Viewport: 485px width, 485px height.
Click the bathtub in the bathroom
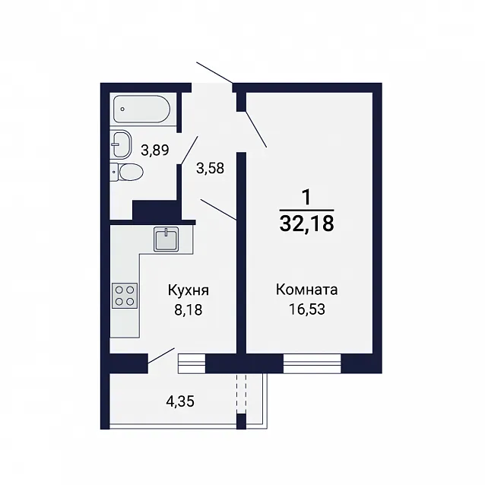142,109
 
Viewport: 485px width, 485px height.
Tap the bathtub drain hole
123,109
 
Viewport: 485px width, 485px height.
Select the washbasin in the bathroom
121,144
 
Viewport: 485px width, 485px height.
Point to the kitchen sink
166,239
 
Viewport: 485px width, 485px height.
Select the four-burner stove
125,296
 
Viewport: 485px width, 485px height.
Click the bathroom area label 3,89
154,151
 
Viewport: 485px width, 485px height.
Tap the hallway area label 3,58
210,169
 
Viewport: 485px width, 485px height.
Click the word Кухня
189,290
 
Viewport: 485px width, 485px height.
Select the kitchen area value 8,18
189,309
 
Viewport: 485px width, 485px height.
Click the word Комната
306,290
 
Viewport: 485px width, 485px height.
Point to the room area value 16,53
307,309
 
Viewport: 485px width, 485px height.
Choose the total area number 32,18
306,223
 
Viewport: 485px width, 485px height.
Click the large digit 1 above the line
306,198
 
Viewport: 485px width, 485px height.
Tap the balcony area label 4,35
180,401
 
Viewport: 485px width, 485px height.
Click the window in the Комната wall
312,363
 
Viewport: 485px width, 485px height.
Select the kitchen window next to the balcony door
192,363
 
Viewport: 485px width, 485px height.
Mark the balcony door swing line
161,356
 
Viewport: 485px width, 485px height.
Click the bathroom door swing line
189,150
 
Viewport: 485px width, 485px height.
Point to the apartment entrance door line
214,73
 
